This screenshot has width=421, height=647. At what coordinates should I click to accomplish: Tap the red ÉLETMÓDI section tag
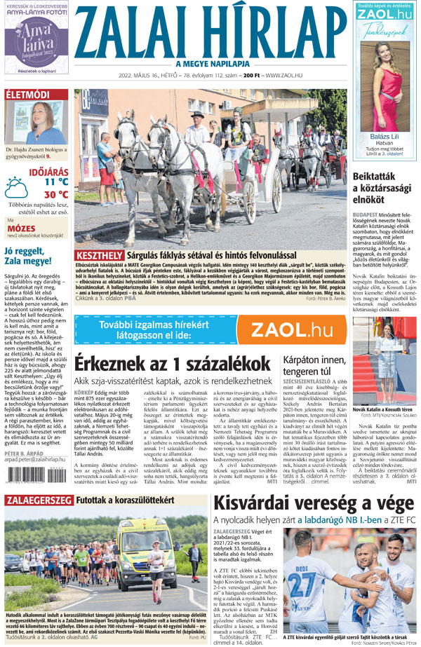(x=27, y=95)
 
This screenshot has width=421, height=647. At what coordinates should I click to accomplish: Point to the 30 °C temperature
(x=56, y=195)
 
